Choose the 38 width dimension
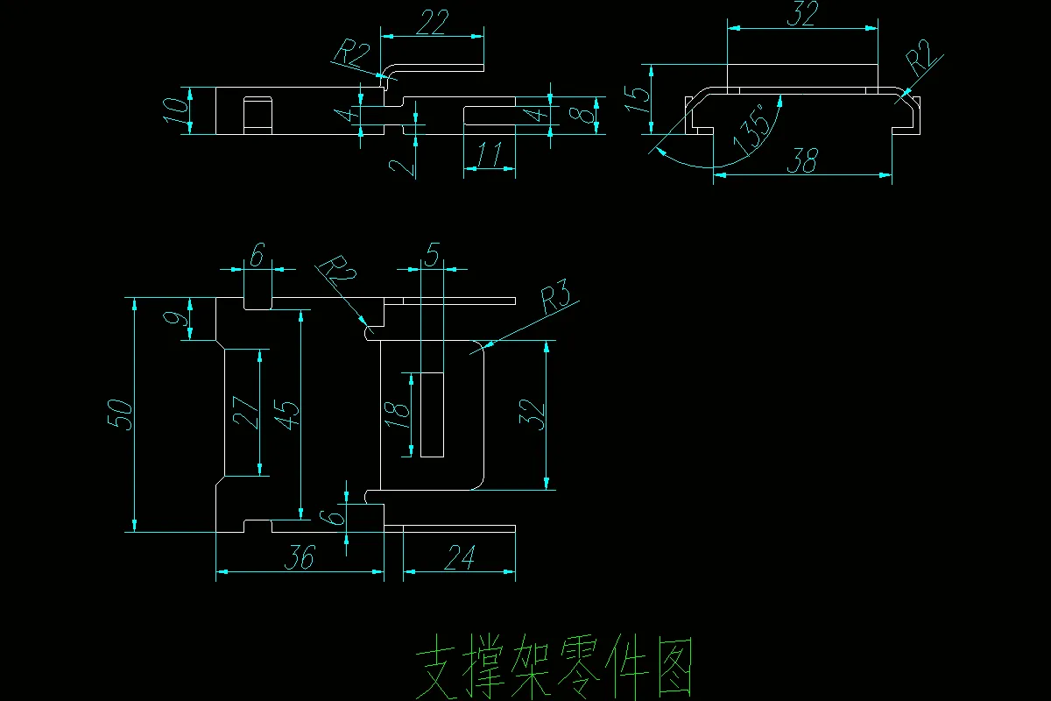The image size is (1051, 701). [x=803, y=160]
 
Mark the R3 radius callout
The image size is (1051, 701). [x=557, y=301]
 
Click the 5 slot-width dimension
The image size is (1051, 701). [x=432, y=254]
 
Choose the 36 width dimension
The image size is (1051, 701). [x=300, y=558]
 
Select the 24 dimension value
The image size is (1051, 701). [x=460, y=558]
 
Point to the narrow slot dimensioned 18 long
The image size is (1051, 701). [x=432, y=414]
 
